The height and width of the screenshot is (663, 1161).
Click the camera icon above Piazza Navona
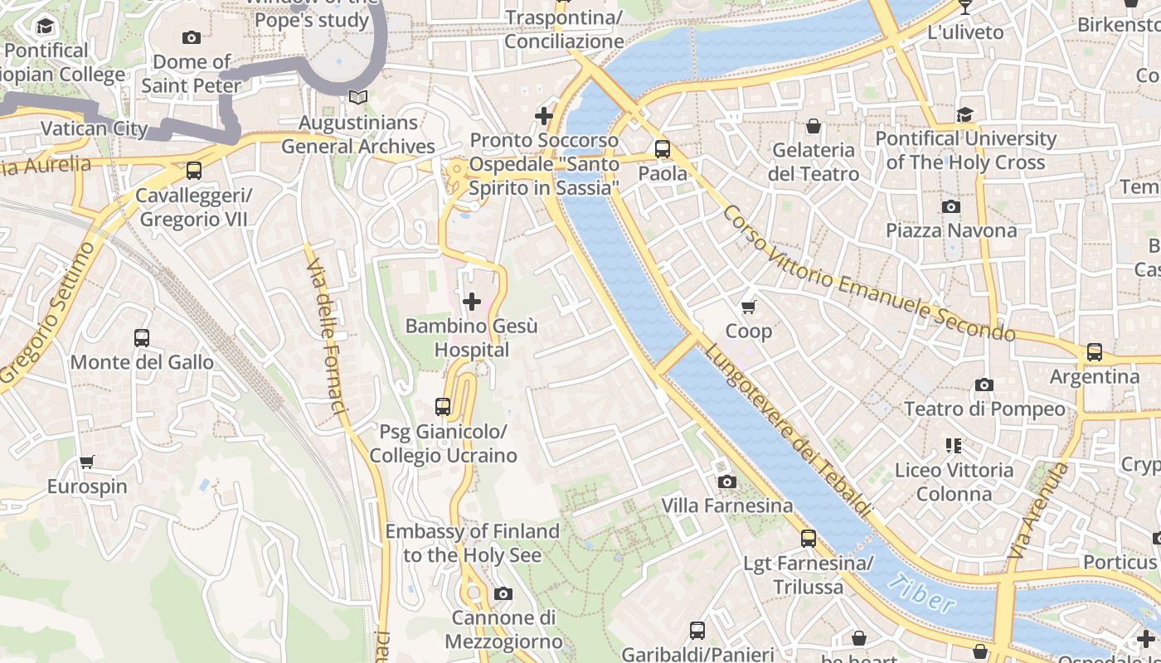951,206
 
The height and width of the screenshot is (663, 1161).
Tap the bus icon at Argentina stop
1095,352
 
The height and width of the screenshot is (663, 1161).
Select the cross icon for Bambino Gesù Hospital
472,302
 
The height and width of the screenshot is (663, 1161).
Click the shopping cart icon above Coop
748,307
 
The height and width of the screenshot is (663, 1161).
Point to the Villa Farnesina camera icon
726,482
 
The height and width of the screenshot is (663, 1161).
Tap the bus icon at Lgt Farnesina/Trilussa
809,539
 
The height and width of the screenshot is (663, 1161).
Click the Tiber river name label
921,594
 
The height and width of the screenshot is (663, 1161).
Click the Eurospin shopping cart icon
87,462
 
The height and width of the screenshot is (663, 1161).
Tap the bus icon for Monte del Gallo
142,338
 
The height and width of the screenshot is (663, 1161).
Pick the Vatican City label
94,128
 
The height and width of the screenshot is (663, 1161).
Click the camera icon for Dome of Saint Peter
192,38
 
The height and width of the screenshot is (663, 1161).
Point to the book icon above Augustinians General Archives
358,98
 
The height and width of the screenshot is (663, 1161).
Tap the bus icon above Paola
663,149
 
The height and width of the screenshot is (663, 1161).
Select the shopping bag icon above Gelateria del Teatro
814,126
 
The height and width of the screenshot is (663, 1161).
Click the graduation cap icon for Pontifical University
965,114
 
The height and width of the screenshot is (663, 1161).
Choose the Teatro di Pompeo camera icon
984,385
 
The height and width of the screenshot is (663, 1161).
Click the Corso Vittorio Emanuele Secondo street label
867,273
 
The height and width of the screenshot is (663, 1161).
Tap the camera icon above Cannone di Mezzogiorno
503,593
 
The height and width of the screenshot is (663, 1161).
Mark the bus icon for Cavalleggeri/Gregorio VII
194,171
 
